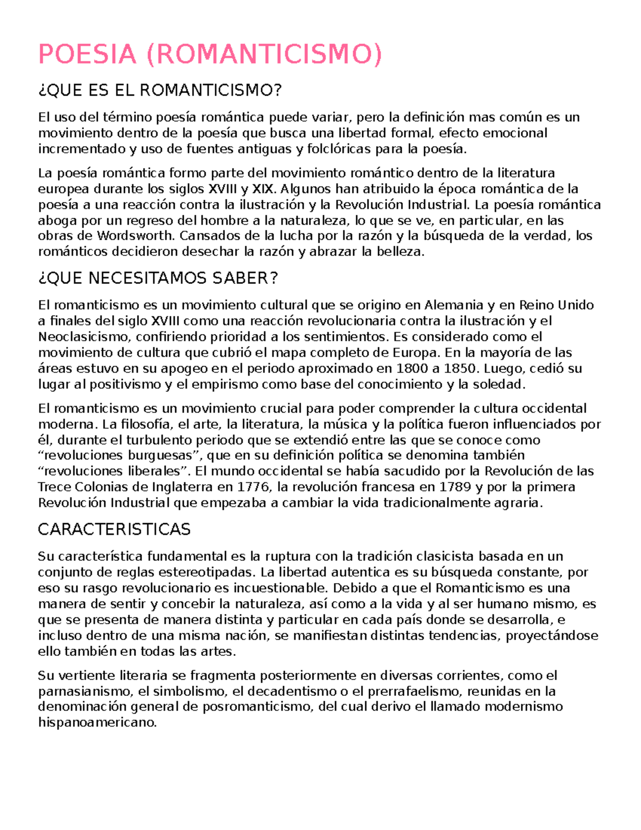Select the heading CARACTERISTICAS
(x=114, y=530)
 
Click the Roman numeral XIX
(x=264, y=189)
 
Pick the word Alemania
(x=454, y=305)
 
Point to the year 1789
(x=455, y=487)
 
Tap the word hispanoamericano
(x=97, y=723)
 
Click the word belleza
(x=400, y=252)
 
